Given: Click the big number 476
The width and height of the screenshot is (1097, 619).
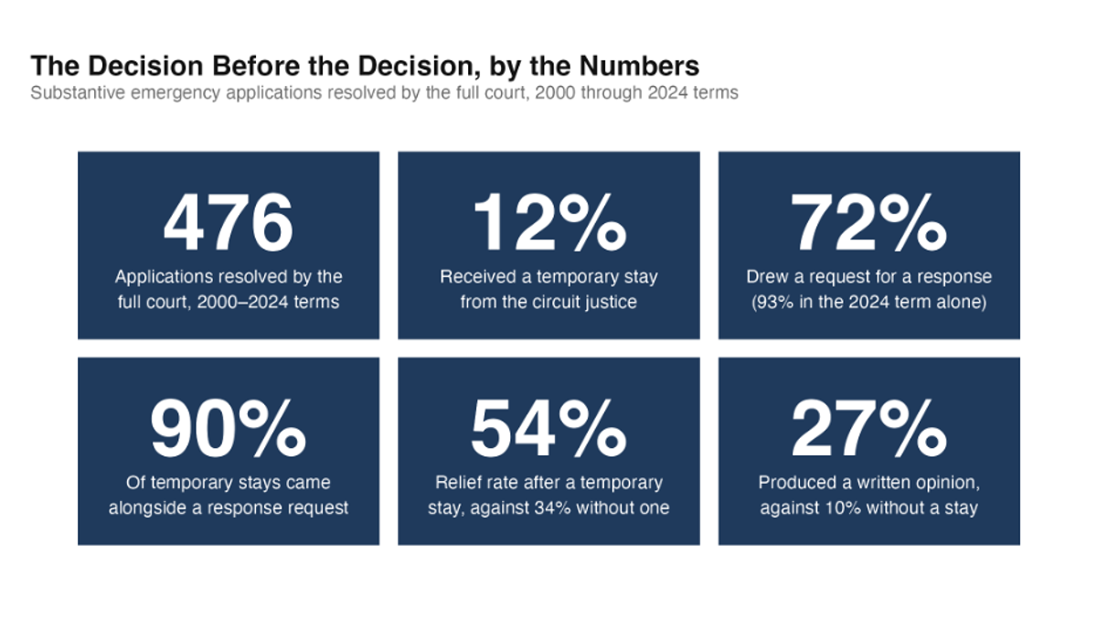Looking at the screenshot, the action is tap(229, 223).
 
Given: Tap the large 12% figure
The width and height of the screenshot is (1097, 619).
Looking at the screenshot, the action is tap(549, 223).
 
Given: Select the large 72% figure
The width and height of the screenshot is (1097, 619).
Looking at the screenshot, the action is tap(868, 223).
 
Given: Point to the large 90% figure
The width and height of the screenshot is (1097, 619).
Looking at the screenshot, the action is tap(229, 429).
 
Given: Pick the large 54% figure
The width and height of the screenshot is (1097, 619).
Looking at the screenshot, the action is tap(549, 429).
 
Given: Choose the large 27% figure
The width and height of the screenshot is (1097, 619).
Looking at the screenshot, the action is tap(868, 429).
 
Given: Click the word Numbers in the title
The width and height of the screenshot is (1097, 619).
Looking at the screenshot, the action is tap(639, 66).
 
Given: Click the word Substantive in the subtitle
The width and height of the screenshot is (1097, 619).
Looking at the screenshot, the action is tap(78, 92).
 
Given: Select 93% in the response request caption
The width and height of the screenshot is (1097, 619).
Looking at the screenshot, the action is tap(775, 302).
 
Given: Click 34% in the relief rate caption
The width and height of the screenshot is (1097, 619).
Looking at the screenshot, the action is tap(552, 507).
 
